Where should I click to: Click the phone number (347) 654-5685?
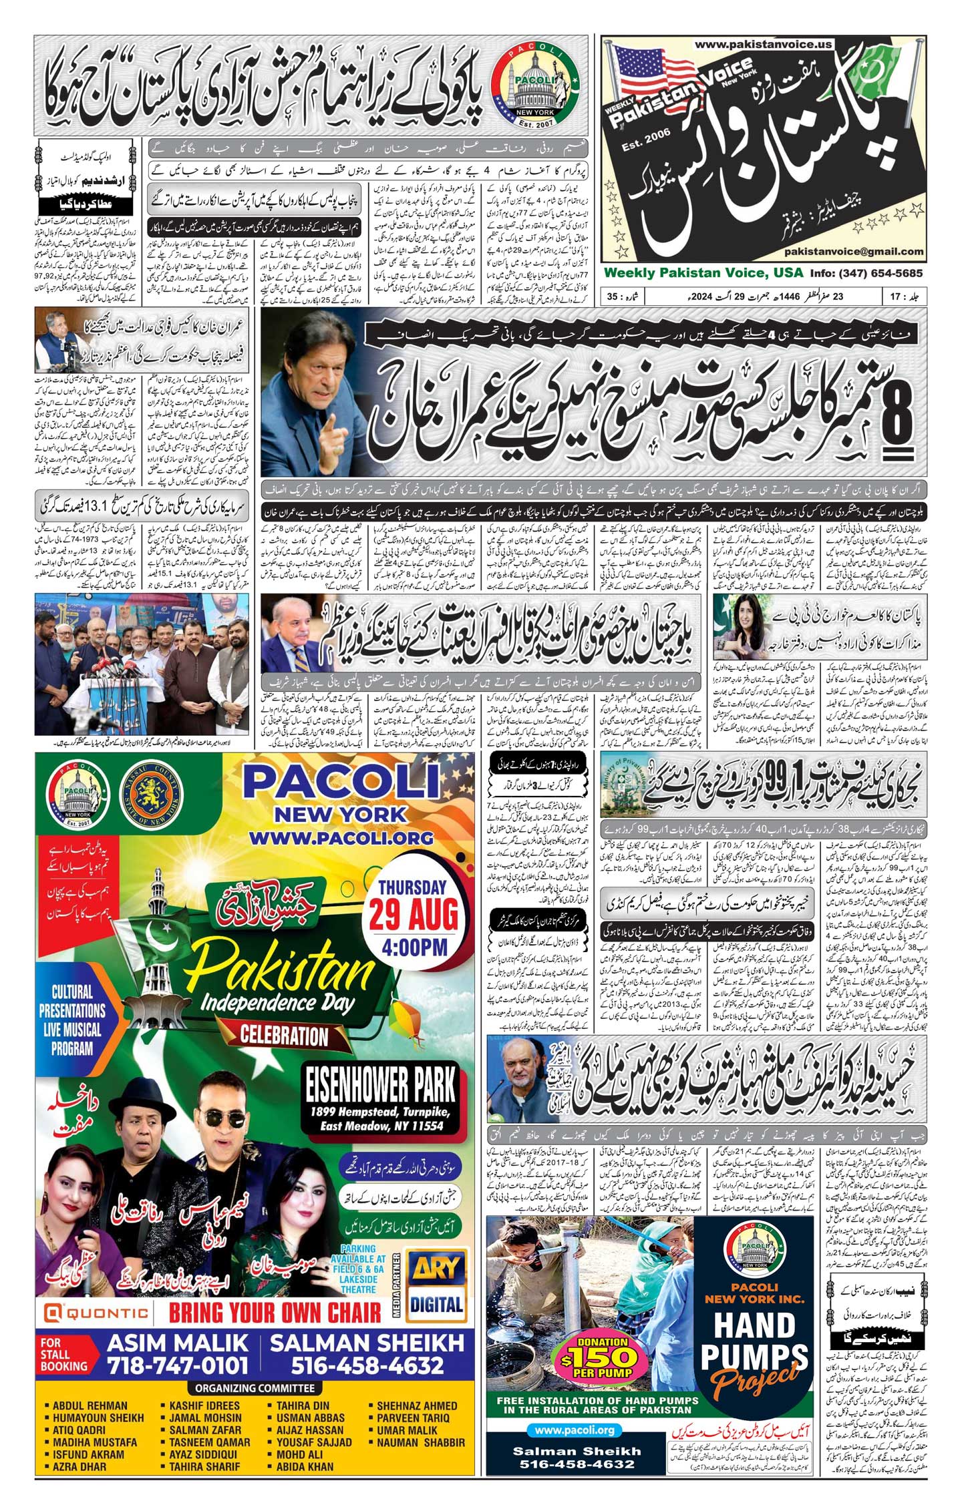click(880, 273)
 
